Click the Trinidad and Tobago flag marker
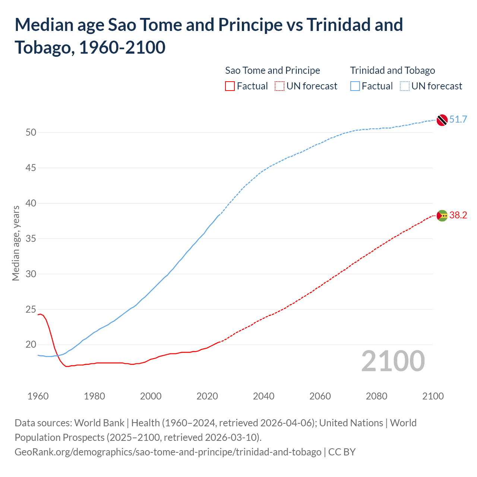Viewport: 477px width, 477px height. (x=442, y=120)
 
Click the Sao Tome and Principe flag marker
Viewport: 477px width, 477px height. (x=442, y=215)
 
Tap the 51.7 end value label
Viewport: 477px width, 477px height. (x=458, y=119)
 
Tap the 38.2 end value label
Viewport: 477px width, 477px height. (x=458, y=215)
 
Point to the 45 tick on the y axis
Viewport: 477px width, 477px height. (x=31, y=168)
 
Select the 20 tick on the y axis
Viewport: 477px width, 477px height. (x=31, y=344)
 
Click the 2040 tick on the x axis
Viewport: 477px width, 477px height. (x=263, y=396)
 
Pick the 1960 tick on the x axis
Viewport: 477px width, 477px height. (x=38, y=396)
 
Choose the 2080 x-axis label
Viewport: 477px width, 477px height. (x=376, y=396)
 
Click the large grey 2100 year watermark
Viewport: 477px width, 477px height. (x=393, y=361)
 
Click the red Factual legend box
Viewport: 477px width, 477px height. (x=230, y=86)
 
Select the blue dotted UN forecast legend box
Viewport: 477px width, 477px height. (x=405, y=86)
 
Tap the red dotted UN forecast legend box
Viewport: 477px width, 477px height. (x=279, y=86)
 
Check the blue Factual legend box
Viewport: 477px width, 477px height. (x=355, y=86)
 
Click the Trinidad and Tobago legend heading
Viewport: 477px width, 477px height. (x=392, y=70)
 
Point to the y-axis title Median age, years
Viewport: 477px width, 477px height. (x=16, y=243)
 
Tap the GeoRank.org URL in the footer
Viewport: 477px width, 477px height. (x=168, y=452)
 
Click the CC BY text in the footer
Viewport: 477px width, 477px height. (x=342, y=452)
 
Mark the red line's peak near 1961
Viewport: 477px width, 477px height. (x=41, y=314)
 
